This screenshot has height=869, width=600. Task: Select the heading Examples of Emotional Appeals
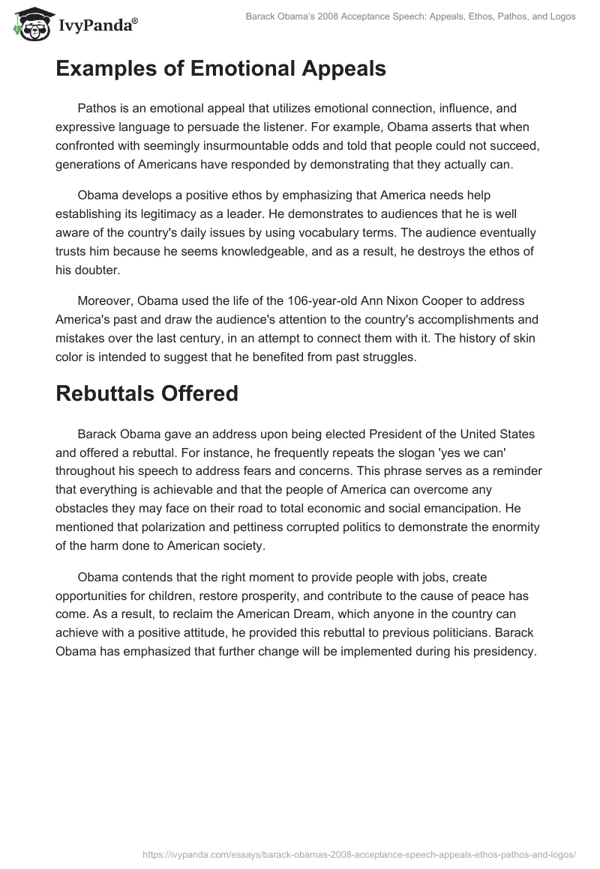(x=220, y=69)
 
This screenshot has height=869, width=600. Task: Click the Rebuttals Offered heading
(x=147, y=393)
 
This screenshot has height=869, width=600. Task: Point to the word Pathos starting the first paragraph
(x=95, y=109)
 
